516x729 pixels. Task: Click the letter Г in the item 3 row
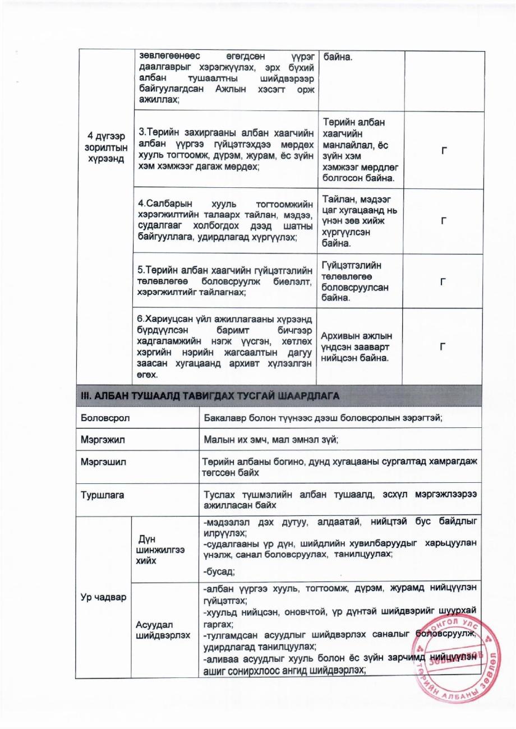444,150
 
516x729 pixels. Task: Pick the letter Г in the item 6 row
444,347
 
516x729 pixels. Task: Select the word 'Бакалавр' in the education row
225,418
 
